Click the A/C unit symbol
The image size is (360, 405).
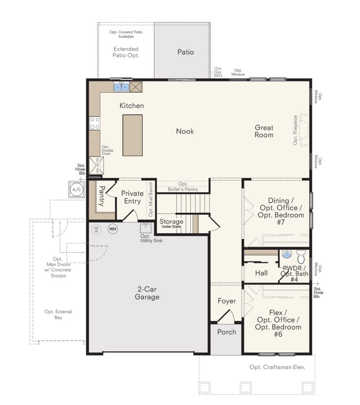coord(77,189)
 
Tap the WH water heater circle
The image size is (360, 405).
coord(112,229)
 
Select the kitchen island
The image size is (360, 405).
coord(132,135)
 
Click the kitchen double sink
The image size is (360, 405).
coord(121,87)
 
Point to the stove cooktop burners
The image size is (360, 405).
coord(94,123)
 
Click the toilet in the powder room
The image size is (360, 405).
coord(301,257)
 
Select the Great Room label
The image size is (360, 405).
coord(264,131)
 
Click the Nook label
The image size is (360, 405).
coord(185,131)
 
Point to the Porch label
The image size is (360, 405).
coord(226,332)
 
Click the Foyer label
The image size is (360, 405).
coord(227,301)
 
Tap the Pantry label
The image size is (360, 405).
coord(102,196)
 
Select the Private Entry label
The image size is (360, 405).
coord(132,197)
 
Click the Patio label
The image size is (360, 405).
coord(185,52)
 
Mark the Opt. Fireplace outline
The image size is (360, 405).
coord(303,130)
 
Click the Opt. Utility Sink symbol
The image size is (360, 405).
coord(145,227)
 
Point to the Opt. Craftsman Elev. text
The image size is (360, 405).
coord(277,367)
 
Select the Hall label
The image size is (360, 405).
coord(261,273)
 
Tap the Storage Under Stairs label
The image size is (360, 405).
coord(171,223)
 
